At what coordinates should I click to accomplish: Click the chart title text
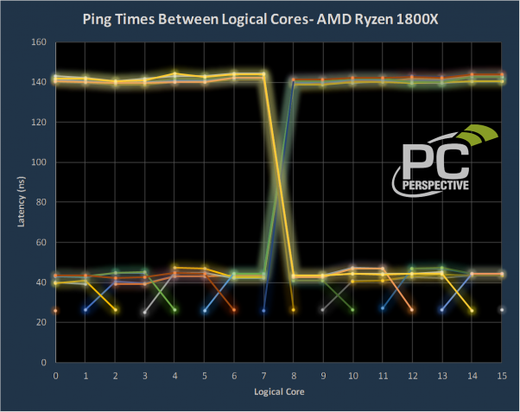point(259,18)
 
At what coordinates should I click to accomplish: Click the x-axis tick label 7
point(263,376)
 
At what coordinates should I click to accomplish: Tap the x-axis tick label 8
point(294,376)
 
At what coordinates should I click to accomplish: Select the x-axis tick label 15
point(502,376)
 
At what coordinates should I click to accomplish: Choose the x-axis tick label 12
point(412,376)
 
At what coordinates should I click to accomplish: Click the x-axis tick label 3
point(144,376)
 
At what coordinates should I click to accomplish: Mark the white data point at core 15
point(502,310)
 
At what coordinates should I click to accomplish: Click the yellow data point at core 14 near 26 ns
point(472,310)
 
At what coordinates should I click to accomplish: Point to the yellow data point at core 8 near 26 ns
point(294,310)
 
